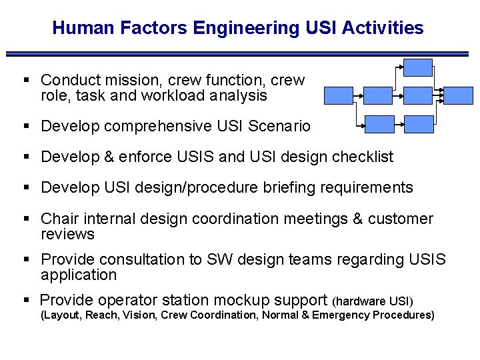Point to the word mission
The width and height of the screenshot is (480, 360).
coord(127,81)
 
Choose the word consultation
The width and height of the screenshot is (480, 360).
coord(137,259)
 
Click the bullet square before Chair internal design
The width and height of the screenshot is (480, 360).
coord(27,219)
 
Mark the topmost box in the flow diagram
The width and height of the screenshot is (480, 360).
coord(419,67)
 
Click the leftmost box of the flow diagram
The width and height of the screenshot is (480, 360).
coord(339,95)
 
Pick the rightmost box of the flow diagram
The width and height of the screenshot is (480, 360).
coord(459,95)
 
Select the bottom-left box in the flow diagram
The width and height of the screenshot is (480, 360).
coord(380,124)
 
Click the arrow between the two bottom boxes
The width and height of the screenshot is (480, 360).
coord(399,124)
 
